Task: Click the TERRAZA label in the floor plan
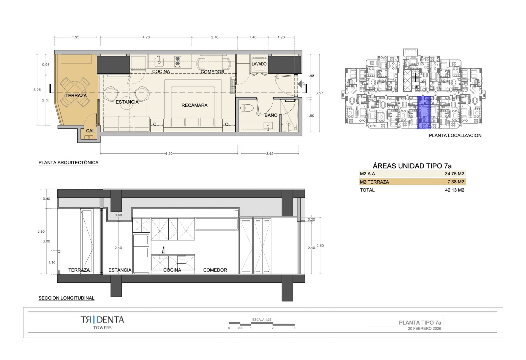pos(76,96)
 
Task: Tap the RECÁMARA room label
pos(194,105)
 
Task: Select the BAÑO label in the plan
pos(271,115)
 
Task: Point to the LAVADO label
pos(259,64)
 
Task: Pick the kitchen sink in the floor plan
pos(159,61)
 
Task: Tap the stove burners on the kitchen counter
pos(178,62)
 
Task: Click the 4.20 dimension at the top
pos(146,37)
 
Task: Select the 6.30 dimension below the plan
pos(169,154)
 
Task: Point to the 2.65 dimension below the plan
pos(270,154)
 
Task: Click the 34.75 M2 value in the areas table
pos(454,174)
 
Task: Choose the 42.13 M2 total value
pos(454,190)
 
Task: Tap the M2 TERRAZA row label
pos(374,182)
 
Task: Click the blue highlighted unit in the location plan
pos(424,112)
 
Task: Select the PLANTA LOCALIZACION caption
pos(455,135)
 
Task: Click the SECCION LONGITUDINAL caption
pos(66,298)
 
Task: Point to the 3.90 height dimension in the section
pos(41,232)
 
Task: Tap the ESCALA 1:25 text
pos(262,319)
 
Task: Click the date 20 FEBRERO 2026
pos(424,328)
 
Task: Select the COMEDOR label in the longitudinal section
pos(215,270)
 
